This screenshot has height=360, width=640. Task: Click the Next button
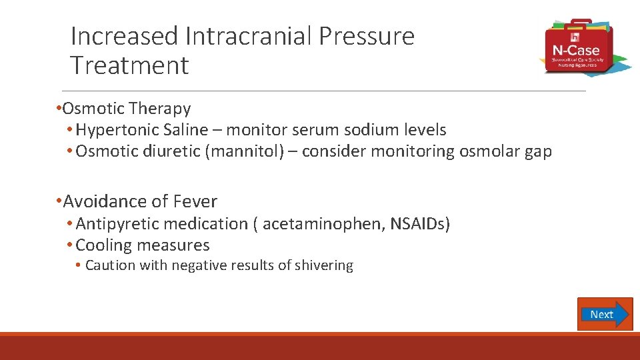(604, 314)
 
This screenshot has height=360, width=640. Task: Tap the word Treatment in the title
(129, 65)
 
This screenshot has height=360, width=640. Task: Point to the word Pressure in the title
(366, 36)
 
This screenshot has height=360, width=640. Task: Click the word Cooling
(103, 245)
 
